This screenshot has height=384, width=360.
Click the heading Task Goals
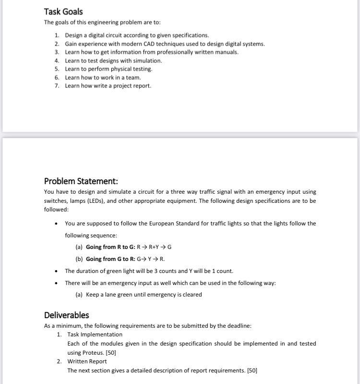[x=63, y=12]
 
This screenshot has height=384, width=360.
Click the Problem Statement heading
[x=81, y=181]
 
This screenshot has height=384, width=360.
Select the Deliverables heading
[x=66, y=315]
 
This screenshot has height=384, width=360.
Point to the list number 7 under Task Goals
[x=57, y=86]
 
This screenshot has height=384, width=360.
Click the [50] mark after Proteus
[x=110, y=352]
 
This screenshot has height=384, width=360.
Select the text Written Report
[x=87, y=361]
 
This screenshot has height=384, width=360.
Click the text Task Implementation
[x=95, y=334]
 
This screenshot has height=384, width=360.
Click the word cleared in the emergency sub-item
[x=192, y=295]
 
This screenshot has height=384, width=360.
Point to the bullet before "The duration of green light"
[x=57, y=271]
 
